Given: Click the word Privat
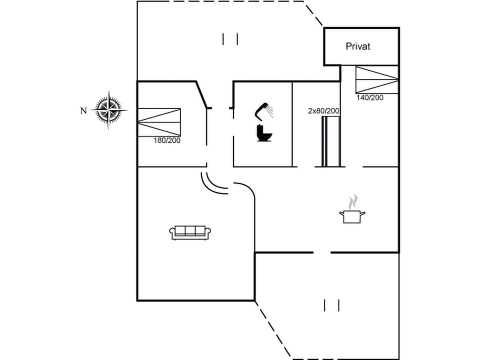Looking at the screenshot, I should (x=358, y=46).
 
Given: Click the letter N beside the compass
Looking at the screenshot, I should (x=83, y=111).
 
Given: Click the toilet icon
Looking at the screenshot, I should (x=264, y=133).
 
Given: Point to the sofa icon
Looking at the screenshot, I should (x=190, y=231).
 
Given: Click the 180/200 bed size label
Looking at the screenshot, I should (x=167, y=140).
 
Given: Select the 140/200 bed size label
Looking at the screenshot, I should (x=370, y=98).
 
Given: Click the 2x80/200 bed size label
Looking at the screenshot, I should (x=324, y=111).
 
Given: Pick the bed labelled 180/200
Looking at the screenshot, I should (x=158, y=121).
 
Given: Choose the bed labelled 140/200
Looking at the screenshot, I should (x=377, y=79).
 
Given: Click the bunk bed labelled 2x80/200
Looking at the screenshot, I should (x=331, y=141).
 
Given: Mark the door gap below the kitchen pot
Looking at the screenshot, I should (x=322, y=252).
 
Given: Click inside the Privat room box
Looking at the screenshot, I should (x=361, y=56).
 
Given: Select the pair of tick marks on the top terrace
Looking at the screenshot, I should (x=230, y=39).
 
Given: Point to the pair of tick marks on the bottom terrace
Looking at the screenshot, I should (x=331, y=305).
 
